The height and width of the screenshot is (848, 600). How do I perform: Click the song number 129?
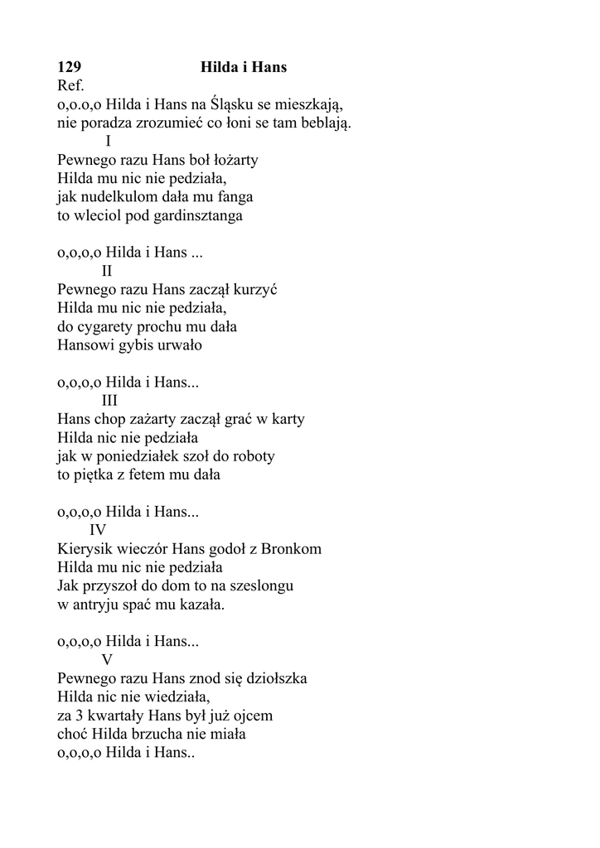(x=69, y=67)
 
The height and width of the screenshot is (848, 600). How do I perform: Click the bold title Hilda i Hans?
(x=244, y=67)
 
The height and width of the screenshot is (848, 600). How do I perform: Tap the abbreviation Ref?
(x=71, y=85)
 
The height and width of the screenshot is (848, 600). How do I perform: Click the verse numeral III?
(x=109, y=401)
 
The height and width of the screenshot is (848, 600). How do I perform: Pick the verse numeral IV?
(x=98, y=530)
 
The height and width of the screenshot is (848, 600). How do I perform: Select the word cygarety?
(x=107, y=326)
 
